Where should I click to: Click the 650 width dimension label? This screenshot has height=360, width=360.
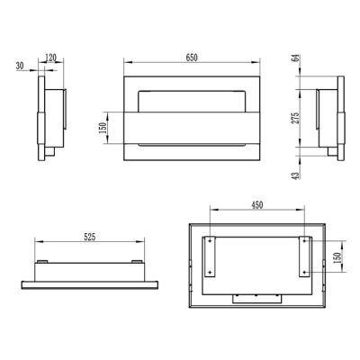[192, 57]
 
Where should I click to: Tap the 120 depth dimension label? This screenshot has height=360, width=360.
[52, 57]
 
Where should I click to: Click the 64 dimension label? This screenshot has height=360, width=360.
[298, 60]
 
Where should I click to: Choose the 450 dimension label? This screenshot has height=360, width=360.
[256, 205]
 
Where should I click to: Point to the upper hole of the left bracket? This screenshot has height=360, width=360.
[210, 241]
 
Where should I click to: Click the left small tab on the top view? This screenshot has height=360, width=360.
[41, 261]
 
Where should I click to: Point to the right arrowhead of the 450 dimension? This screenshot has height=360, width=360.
[305, 212]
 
